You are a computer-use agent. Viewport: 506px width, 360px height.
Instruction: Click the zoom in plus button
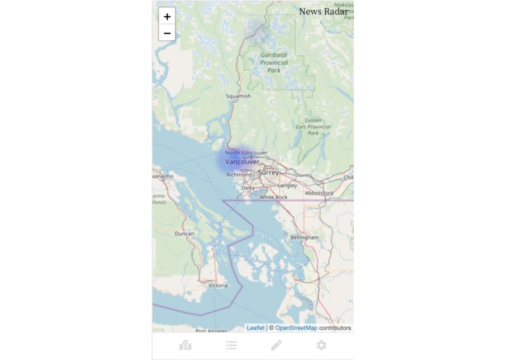[x=167, y=16]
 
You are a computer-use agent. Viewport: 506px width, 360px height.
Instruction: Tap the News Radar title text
[x=323, y=12]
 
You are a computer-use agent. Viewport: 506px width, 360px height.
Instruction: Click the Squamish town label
[x=238, y=96]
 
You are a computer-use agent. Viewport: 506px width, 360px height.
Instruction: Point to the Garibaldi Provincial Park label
[x=274, y=62]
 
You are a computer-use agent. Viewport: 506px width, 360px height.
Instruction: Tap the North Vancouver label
[x=246, y=152]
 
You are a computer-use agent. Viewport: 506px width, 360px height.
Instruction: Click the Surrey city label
[x=268, y=172]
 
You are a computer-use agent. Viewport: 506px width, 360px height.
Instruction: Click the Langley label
[x=287, y=185]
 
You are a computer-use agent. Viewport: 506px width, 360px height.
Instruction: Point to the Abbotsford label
[x=319, y=193]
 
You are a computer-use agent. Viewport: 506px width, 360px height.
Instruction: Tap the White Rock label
[x=274, y=197]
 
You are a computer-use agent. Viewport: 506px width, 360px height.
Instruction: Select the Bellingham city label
[x=304, y=238]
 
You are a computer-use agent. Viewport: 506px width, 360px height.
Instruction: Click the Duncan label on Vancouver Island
[x=185, y=234]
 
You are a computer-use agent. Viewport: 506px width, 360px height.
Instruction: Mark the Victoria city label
[x=218, y=286]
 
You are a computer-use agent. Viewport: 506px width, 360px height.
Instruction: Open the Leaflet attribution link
[x=256, y=328]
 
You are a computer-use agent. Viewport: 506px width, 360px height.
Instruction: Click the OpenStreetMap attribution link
[x=296, y=328]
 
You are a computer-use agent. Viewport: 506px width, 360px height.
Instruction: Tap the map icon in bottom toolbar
[x=186, y=345]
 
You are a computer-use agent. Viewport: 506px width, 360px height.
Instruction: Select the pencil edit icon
[x=276, y=345]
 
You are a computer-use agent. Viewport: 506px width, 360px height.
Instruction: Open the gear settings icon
[x=321, y=345]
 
